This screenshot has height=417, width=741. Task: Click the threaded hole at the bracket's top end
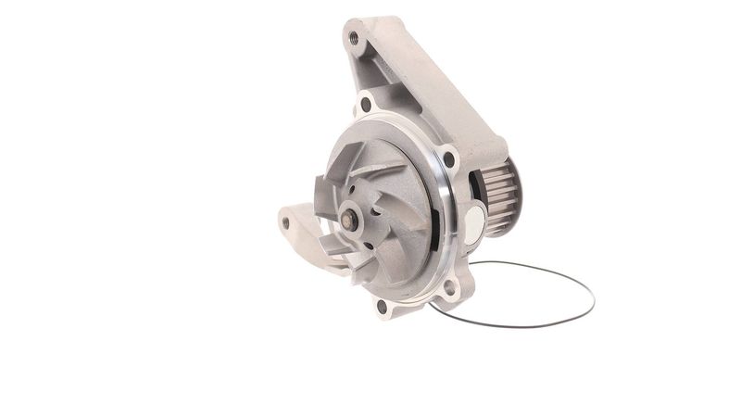tap(353, 39)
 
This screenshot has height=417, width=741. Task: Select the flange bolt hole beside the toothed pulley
tap(449, 158)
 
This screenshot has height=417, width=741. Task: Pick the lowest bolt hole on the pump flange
tap(382, 305)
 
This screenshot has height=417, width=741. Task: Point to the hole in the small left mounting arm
tap(286, 221)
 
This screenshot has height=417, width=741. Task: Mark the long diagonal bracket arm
tap(435, 93)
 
